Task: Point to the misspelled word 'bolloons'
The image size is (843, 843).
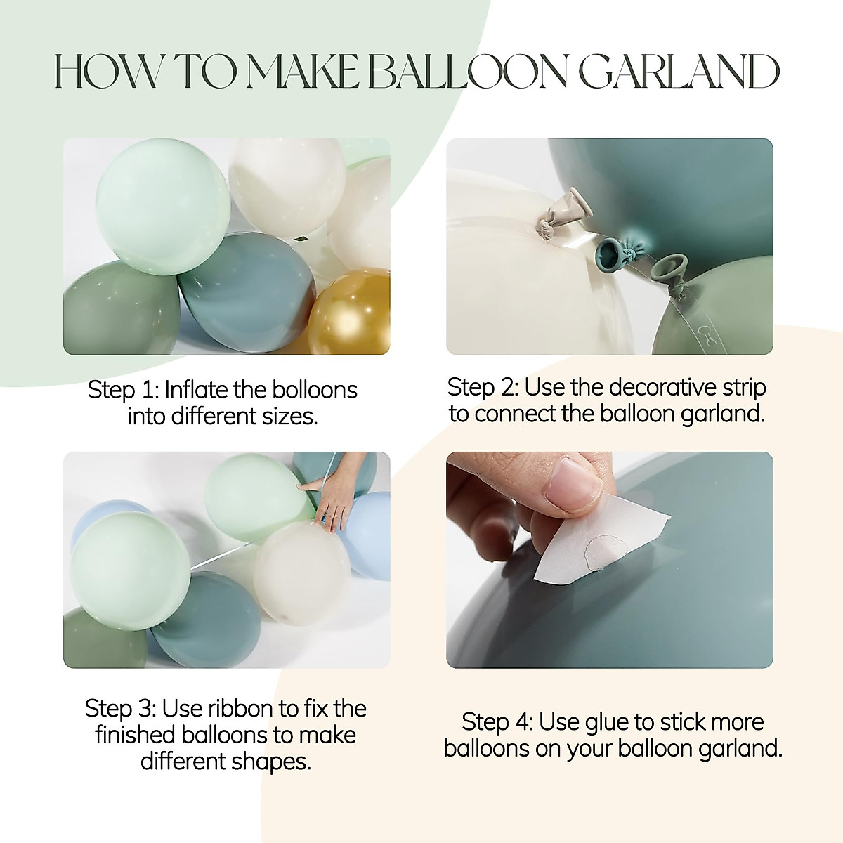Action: [x=315, y=390]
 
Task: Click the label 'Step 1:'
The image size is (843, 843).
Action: [x=124, y=390]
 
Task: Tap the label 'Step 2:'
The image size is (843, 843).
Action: [x=483, y=387]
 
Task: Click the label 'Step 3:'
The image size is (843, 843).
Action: [x=121, y=708]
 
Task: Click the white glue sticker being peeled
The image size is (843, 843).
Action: [x=597, y=548]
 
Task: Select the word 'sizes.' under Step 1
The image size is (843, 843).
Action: [x=290, y=417]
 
